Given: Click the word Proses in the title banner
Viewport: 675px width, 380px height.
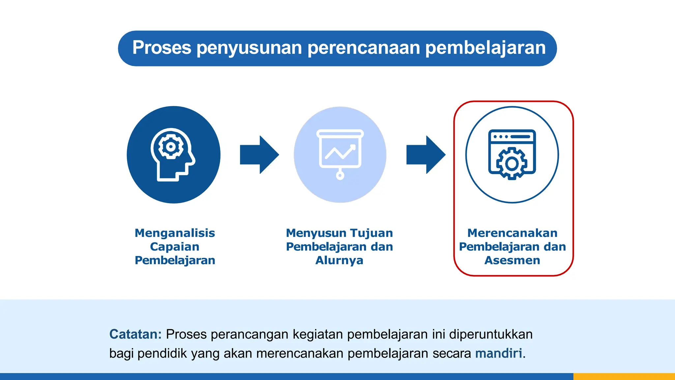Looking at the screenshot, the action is point(161,48).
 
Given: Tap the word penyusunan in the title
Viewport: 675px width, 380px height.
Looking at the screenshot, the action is point(249,48).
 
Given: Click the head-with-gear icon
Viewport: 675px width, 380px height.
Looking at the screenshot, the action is point(173,154).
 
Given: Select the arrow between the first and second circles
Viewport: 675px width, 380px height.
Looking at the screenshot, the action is point(259,155).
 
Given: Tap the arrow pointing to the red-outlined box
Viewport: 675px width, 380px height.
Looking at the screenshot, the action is point(426,155).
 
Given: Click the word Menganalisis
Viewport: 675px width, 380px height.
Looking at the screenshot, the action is point(175,233).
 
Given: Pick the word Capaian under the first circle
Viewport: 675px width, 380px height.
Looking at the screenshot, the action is point(175,247).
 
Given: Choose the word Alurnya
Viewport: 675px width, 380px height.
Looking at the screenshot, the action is point(339,260).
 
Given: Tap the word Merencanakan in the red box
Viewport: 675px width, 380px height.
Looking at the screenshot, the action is point(512,233).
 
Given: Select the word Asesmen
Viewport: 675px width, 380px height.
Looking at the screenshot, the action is point(512,260).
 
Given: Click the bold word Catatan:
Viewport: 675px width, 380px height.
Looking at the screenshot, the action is point(135,334).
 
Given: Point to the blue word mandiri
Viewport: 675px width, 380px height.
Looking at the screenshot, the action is point(499,353).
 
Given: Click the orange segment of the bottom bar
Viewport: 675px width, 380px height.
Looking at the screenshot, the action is point(624,376).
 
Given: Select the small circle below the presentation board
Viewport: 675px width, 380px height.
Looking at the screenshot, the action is point(340,175).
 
